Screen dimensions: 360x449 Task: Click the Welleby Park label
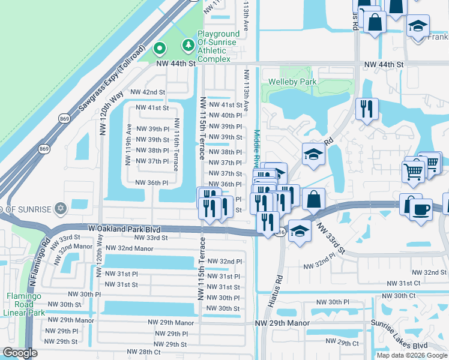(292, 81)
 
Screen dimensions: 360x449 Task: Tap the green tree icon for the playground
(188, 44)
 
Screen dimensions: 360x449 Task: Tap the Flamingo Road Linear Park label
(26, 304)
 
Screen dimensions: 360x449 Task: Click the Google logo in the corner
(20, 353)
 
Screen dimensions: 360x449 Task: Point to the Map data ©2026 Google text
(411, 355)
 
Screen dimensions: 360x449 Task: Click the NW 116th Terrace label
(177, 139)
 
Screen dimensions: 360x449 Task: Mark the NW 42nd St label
(147, 92)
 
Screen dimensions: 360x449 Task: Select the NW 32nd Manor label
(129, 247)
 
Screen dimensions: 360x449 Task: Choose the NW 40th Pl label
(225, 115)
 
